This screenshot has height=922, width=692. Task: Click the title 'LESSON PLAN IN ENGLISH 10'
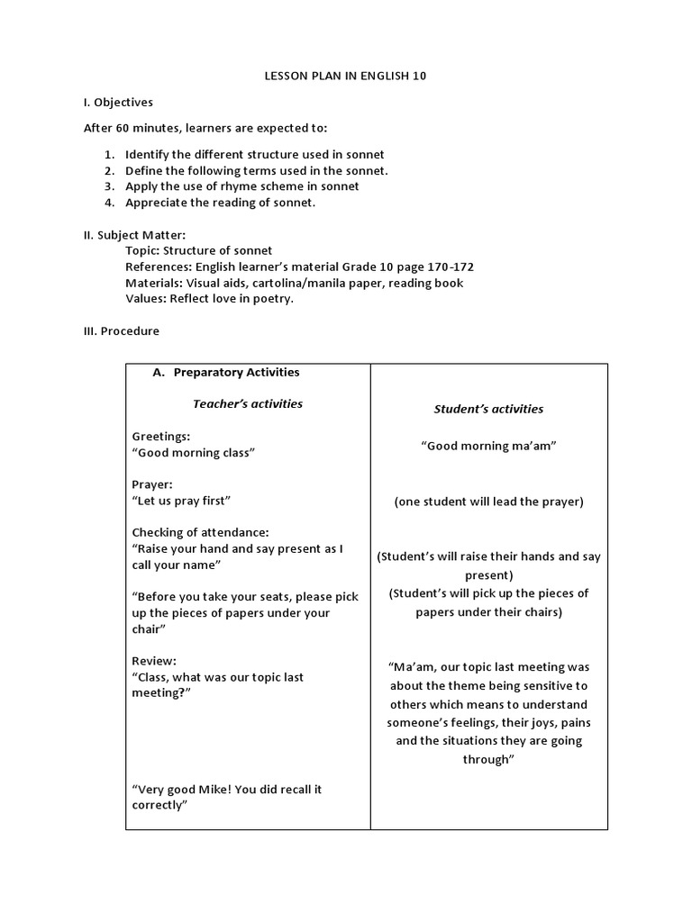[x=345, y=77]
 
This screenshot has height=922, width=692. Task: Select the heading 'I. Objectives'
[x=118, y=103]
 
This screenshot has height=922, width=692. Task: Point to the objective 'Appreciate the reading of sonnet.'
[x=221, y=203]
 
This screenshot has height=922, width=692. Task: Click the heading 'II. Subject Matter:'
[x=134, y=235]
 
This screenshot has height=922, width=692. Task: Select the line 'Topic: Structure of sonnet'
[x=198, y=250]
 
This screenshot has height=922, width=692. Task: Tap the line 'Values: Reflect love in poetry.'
[x=209, y=299]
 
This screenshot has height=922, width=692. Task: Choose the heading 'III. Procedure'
[x=121, y=331]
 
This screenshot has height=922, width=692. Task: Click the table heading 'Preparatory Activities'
[x=236, y=372]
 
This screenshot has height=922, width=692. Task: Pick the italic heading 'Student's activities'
[x=488, y=409]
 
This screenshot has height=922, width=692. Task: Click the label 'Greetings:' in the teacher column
[x=161, y=436]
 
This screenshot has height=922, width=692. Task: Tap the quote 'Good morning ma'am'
[x=488, y=446]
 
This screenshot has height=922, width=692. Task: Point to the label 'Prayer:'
[x=152, y=484]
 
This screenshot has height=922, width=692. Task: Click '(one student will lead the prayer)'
[x=488, y=502]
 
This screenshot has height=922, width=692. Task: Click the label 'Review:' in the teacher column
[x=154, y=660]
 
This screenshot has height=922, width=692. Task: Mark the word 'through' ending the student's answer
[x=488, y=759]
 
